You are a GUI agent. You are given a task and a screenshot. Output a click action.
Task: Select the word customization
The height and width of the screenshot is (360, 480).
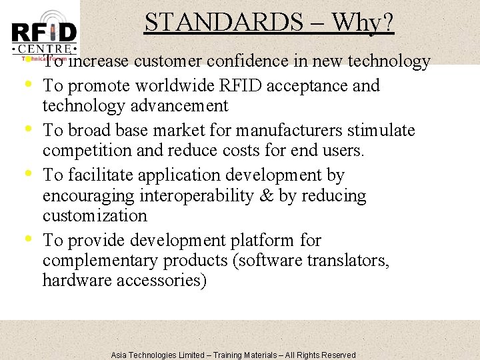pyautogui.click(x=95, y=215)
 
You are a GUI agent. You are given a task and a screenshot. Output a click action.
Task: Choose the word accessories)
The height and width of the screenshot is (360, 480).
pyautogui.click(x=162, y=280)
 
